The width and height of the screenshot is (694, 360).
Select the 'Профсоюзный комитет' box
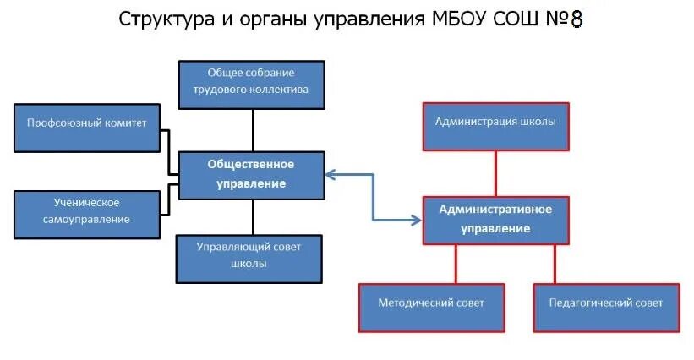pos(87,126)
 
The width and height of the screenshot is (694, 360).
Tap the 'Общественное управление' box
pos(251,175)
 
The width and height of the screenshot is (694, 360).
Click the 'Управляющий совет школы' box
pos(249,257)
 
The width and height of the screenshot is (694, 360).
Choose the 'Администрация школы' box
pos(495,125)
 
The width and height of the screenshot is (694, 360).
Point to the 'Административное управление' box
pos(495,220)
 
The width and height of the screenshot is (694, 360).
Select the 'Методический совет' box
pos(430,306)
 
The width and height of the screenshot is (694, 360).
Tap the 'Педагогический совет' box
pos(606,306)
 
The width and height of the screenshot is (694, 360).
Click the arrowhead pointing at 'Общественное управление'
pos(331,175)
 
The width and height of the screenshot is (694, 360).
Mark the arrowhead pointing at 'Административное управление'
pos(415,220)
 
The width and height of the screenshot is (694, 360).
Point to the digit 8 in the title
pos(577,19)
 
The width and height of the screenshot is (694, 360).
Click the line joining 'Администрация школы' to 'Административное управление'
pos(495,172)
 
